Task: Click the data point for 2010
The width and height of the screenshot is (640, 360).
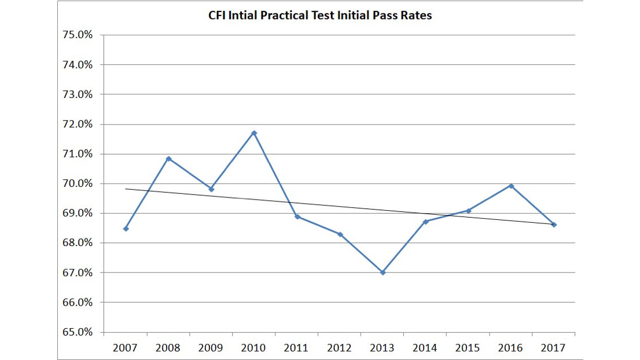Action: [x=254, y=133]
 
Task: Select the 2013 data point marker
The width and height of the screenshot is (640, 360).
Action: [x=382, y=272]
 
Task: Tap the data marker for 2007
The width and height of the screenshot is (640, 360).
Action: [x=126, y=229]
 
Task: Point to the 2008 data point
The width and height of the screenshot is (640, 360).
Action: [x=168, y=159]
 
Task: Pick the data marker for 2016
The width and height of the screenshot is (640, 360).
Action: [x=511, y=186]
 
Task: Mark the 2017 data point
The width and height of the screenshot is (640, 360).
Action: [x=554, y=225]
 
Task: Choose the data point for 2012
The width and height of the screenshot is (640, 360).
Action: [x=340, y=234]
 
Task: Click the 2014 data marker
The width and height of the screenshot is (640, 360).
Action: [x=425, y=222]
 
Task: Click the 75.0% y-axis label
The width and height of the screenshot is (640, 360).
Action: [x=77, y=35]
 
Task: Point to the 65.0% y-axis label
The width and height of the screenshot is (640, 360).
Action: [x=77, y=332]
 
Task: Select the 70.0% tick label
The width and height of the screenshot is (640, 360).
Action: [x=77, y=183]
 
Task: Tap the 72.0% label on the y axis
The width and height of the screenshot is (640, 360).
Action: [x=77, y=124]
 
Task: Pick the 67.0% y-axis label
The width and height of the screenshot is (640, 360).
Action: [x=77, y=273]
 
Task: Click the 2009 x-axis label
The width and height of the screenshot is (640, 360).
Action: [x=211, y=348]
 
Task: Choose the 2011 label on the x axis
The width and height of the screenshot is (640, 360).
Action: [x=296, y=348]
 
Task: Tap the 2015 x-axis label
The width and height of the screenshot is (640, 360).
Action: [x=468, y=348]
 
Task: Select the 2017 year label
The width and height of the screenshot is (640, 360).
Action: [x=553, y=348]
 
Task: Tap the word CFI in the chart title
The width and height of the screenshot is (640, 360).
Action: [x=217, y=16]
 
